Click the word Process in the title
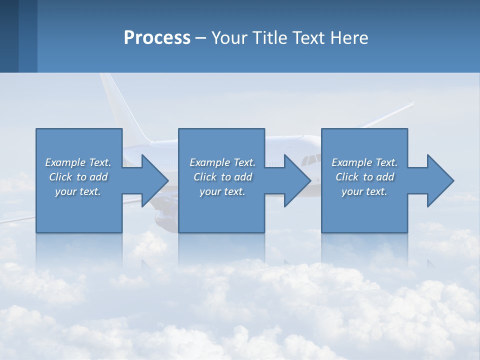[157, 37]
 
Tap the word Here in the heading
[348, 37]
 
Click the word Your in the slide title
[228, 37]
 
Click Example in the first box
[65, 162]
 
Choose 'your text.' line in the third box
[364, 191]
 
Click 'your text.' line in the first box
[78, 191]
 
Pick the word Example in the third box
[351, 162]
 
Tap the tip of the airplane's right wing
[411, 103]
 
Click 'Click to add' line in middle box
[222, 177]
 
